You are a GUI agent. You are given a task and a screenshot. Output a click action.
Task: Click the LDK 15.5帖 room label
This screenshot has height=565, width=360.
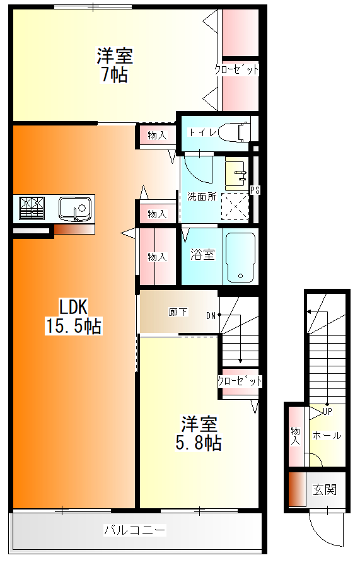(73, 317)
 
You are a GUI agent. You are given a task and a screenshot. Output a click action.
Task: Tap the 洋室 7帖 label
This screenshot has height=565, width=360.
(114, 65)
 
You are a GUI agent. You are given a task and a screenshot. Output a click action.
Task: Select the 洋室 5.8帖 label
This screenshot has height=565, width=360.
(198, 433)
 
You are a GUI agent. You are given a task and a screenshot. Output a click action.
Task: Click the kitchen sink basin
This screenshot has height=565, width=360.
(75, 207)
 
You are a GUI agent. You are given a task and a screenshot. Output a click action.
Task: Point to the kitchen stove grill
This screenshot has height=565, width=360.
(32, 207)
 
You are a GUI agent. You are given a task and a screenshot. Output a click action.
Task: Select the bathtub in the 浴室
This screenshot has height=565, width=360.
(240, 256)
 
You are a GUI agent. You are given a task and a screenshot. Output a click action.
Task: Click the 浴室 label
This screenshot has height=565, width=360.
(202, 255)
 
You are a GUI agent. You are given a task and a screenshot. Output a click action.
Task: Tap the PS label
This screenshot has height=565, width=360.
(255, 190)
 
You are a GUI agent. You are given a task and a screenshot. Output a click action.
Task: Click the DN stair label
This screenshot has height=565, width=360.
(211, 315)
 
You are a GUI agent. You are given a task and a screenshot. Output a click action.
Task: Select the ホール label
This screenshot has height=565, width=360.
(327, 435)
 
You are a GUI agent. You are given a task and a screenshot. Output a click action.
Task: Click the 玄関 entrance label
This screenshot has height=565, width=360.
(325, 489)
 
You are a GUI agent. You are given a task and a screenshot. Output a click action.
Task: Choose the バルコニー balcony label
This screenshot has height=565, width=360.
(135, 530)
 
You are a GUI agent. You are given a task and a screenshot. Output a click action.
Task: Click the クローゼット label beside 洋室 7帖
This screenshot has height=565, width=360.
(237, 69)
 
